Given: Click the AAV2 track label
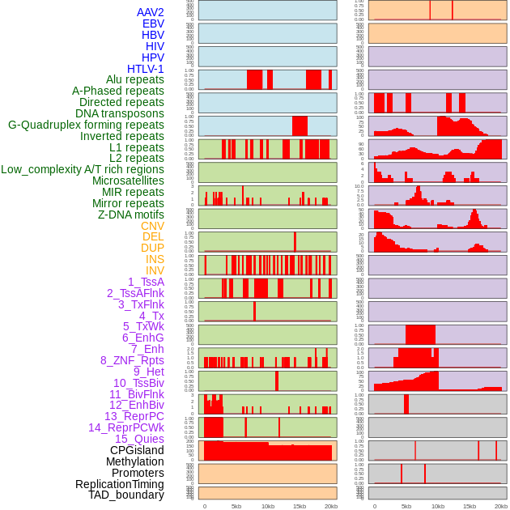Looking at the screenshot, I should (x=150, y=12).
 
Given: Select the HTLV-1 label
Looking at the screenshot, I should (x=145, y=69).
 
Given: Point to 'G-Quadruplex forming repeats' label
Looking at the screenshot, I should (x=86, y=125).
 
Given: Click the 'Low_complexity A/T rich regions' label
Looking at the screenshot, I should (x=83, y=169).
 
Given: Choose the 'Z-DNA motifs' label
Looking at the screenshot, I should (x=130, y=215).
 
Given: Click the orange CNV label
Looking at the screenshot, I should (x=152, y=226).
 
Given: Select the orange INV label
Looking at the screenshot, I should (x=155, y=270).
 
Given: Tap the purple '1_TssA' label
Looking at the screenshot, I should (x=146, y=282).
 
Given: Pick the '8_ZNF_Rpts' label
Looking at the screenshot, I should (x=132, y=360).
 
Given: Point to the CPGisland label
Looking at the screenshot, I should (x=137, y=450).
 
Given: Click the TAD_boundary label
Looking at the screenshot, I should (x=125, y=495).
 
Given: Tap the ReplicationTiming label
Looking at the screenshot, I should (x=119, y=484).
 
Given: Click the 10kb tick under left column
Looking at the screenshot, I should (x=268, y=506).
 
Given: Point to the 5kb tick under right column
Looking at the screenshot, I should (x=406, y=506).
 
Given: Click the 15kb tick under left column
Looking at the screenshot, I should (x=300, y=506).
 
